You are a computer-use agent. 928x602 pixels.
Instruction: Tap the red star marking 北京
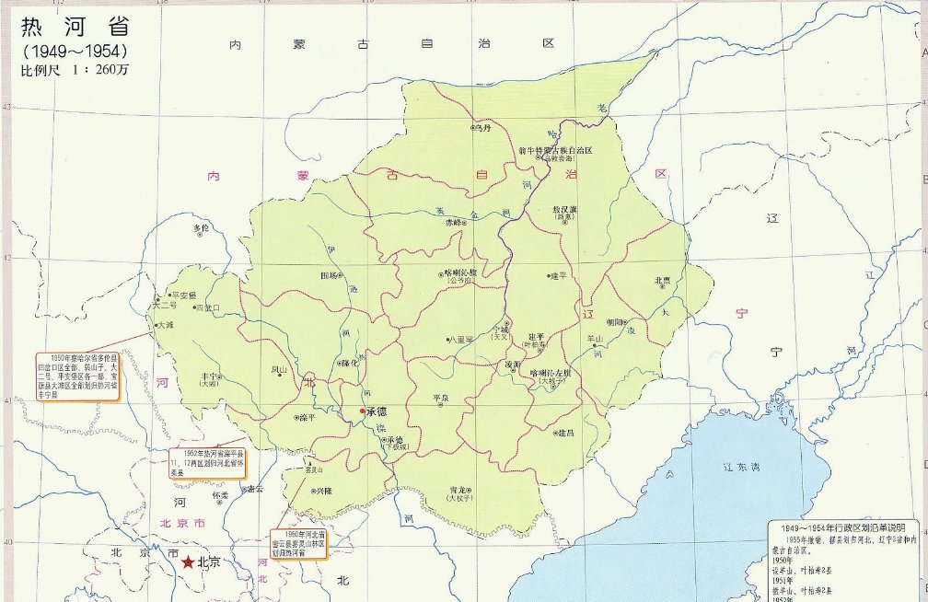(x=188, y=561)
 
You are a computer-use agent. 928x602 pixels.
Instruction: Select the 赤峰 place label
(x=451, y=222)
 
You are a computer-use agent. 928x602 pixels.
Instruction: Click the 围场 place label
(x=328, y=274)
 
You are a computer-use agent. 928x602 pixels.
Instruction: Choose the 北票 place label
(x=664, y=280)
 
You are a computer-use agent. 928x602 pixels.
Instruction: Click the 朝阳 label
(x=615, y=322)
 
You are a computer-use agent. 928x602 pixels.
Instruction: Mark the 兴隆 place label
(x=322, y=492)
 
